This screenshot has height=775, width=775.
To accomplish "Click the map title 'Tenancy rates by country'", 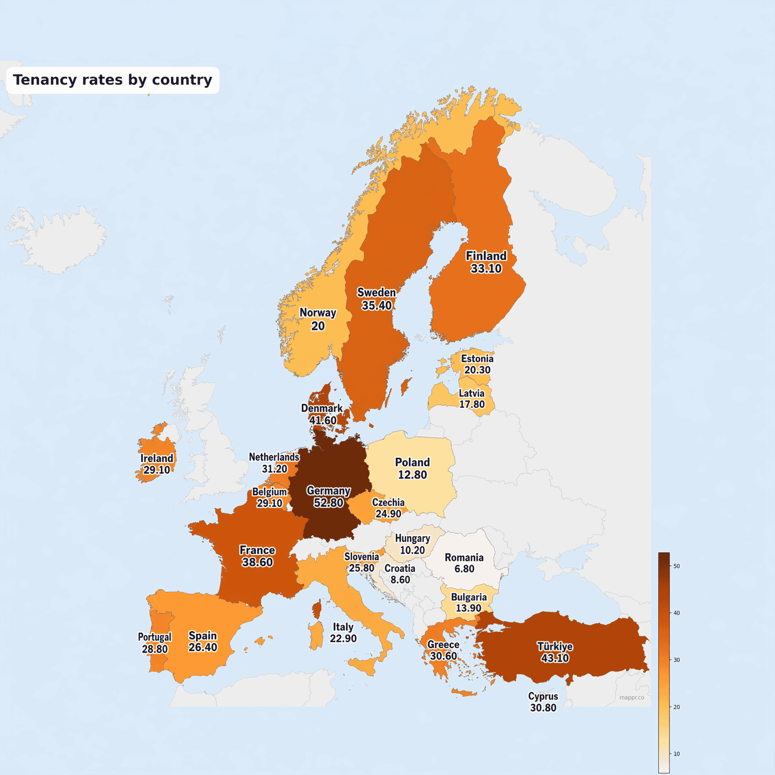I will click(x=112, y=80).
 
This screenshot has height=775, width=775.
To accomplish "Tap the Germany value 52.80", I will click(x=328, y=503).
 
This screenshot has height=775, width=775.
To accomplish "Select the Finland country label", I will click(x=486, y=256).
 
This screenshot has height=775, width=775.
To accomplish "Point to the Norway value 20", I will click(x=318, y=326).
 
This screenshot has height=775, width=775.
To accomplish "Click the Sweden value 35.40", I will click(x=376, y=305).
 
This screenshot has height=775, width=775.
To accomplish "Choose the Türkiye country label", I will click(x=555, y=646).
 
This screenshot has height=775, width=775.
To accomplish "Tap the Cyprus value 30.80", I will click(x=543, y=708).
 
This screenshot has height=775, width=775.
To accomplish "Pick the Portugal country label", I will click(x=155, y=637).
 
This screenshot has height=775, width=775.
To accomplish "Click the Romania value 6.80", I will click(x=464, y=569).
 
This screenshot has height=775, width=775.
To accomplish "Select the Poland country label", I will click(x=412, y=462).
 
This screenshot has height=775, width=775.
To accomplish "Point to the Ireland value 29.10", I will click(x=156, y=470).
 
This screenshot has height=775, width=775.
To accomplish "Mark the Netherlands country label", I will click(x=274, y=457).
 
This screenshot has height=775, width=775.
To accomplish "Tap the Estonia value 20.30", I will click(x=477, y=370).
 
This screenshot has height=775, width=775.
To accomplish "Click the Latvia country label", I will click(x=471, y=393).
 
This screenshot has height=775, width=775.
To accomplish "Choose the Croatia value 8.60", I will click(x=400, y=579).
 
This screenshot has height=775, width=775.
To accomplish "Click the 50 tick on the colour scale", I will click(x=677, y=566).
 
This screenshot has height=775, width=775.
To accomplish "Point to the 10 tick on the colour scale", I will click(x=677, y=754).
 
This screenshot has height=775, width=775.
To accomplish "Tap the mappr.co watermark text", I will click(x=632, y=697).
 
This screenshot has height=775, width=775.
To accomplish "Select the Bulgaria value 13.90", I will click(x=468, y=608).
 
